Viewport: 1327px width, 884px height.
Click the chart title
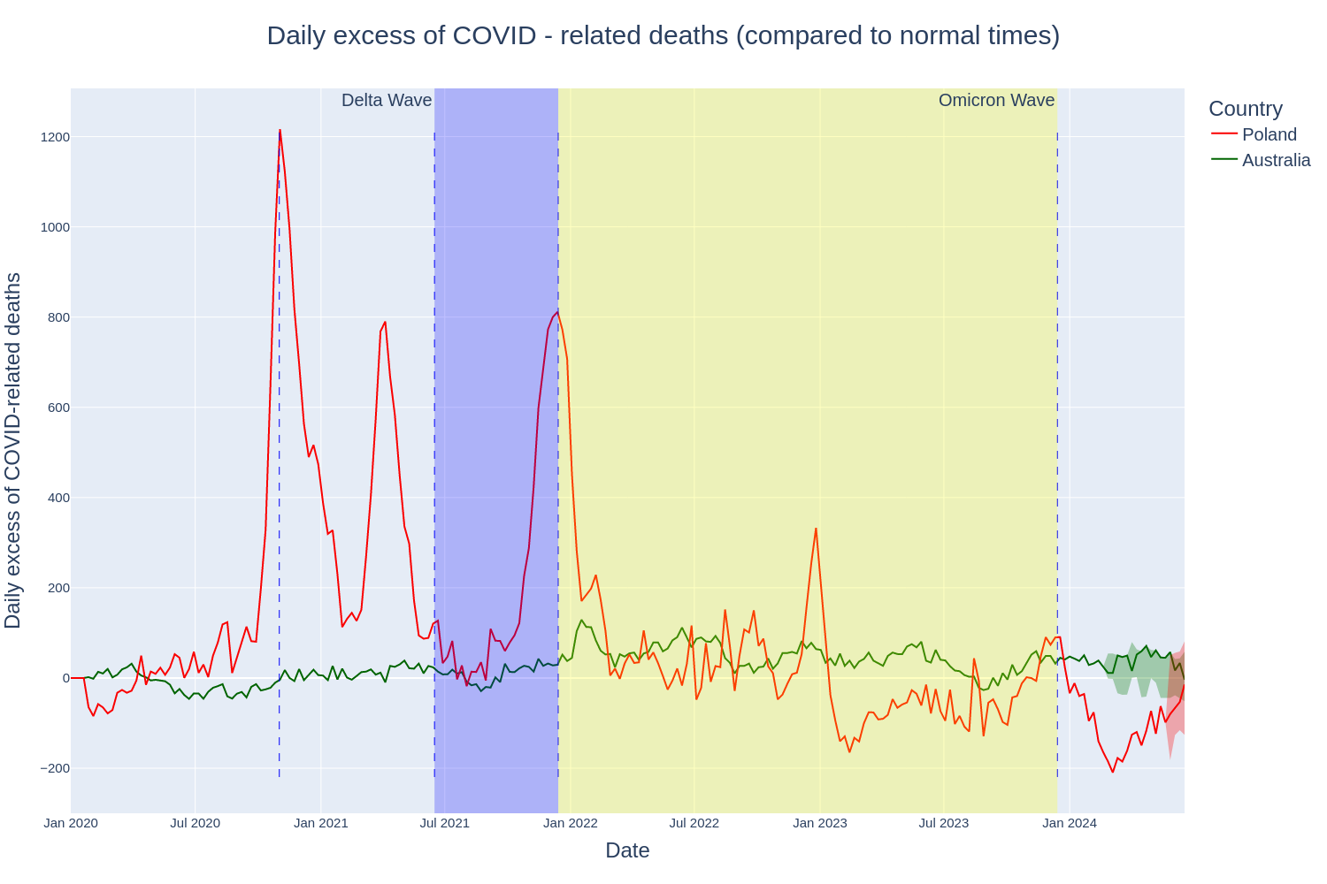pos(663,35)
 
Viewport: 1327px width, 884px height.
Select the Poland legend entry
pos(1269,134)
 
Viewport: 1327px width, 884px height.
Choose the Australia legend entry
pos(1276,160)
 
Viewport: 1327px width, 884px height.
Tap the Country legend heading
pos(1245,109)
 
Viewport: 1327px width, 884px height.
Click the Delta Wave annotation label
pos(387,100)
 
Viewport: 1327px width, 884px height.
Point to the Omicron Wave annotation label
pos(996,100)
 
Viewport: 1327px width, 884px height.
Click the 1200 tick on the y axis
pos(55,137)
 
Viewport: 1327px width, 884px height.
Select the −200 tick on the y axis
pos(55,768)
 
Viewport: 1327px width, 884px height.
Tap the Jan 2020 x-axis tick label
pos(71,823)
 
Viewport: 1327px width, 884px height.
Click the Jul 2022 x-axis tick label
pos(694,823)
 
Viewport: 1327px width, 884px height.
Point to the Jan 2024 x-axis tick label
pos(1070,823)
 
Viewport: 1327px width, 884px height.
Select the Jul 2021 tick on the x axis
pos(444,823)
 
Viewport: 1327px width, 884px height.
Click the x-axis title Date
pos(627,850)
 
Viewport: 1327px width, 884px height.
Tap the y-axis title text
pos(13,451)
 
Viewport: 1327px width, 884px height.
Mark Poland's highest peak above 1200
pos(280,130)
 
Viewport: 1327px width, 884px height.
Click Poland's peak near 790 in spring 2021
pos(385,322)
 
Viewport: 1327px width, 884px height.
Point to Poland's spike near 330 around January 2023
pos(816,529)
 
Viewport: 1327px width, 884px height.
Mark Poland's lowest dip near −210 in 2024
pos(1113,772)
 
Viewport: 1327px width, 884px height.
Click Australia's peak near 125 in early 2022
pos(581,621)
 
